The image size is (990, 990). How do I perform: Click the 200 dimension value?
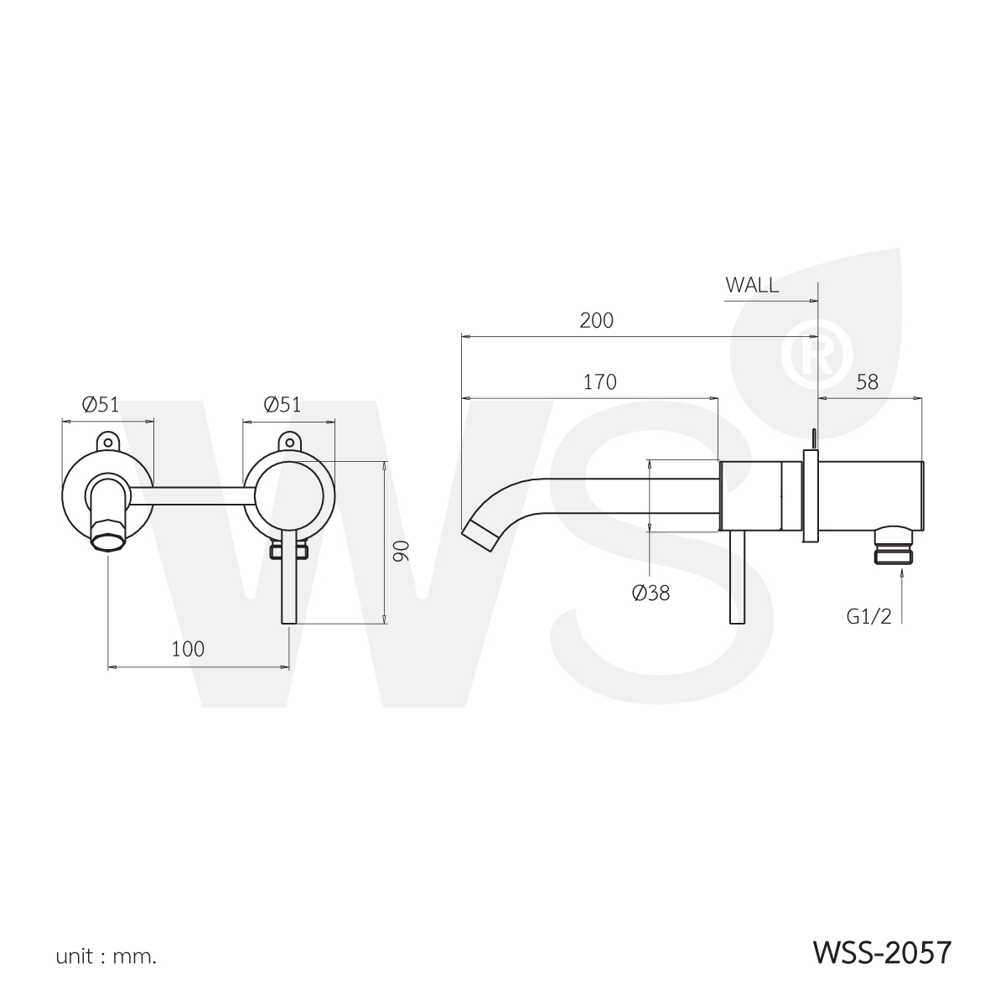pos(596,321)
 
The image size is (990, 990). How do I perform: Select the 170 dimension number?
pos(599,382)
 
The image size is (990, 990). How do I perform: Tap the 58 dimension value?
pos(868,382)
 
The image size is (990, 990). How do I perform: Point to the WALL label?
pos(752,285)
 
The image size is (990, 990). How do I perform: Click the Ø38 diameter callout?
pos(651,593)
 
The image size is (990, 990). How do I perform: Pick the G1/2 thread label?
pos(869,616)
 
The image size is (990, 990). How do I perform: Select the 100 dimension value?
pos(188,649)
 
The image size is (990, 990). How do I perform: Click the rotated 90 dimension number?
pos(402,551)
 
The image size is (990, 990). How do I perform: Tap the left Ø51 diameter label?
pos(101,404)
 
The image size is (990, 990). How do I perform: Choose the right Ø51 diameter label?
pos(282,404)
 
